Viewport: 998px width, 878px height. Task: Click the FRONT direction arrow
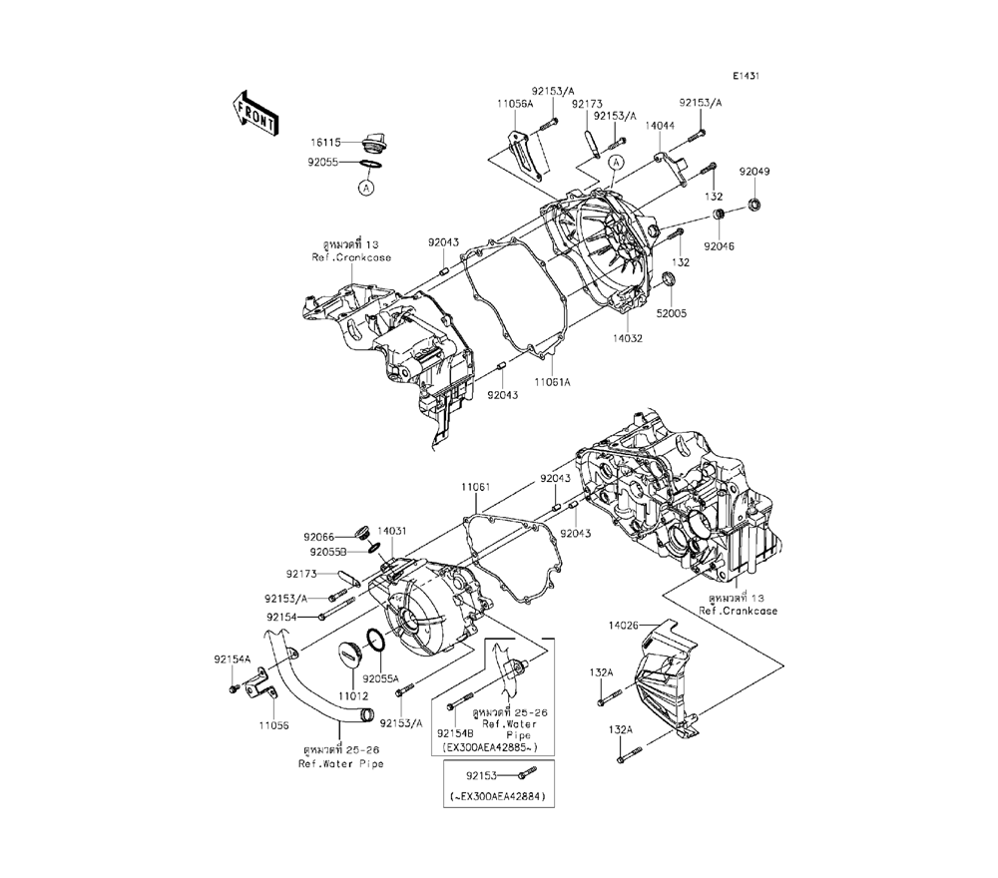pos(255,111)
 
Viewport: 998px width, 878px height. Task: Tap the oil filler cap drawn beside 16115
pos(376,141)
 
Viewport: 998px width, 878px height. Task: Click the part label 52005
pos(672,312)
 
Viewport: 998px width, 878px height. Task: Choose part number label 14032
pos(627,338)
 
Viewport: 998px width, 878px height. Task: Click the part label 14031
pos(391,534)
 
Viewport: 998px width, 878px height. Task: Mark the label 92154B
pos(456,732)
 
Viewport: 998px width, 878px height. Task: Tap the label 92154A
pos(232,659)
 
